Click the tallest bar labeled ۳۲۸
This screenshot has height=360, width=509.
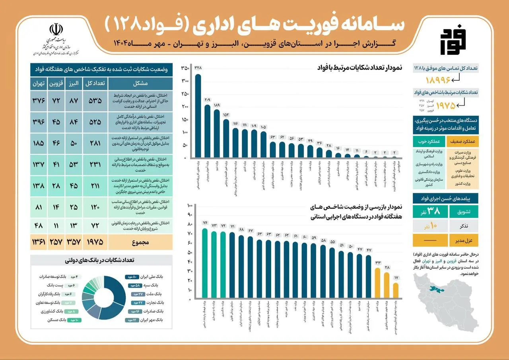[198, 115]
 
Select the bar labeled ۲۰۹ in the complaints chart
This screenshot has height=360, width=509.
[207, 131]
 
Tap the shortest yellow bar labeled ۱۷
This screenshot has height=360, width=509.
[396, 290]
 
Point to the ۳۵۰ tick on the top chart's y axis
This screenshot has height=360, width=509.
[185, 68]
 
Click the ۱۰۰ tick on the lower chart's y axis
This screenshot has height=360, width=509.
[190, 206]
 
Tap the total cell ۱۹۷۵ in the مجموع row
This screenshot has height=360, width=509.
[95, 241]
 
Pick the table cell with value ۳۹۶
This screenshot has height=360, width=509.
[39, 122]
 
